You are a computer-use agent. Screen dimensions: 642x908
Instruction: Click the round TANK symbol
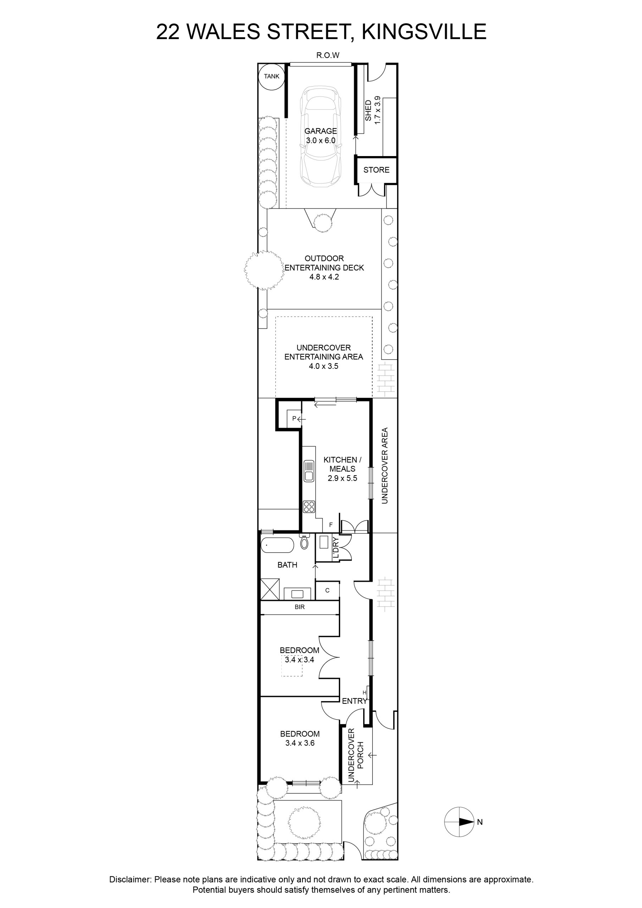tap(271, 76)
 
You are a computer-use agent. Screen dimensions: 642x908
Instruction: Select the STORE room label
tap(376, 170)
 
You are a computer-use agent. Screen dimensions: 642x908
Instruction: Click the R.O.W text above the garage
tap(328, 55)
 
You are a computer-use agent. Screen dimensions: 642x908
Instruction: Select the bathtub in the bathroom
tap(277, 546)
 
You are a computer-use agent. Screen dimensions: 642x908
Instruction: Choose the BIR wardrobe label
tap(300, 607)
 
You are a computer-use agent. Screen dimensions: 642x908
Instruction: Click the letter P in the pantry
tap(294, 418)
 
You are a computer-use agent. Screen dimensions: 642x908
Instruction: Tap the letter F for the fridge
tap(331, 525)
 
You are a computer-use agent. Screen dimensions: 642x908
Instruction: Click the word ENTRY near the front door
tap(354, 701)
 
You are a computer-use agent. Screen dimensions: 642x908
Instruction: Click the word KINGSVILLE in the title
tap(424, 32)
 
